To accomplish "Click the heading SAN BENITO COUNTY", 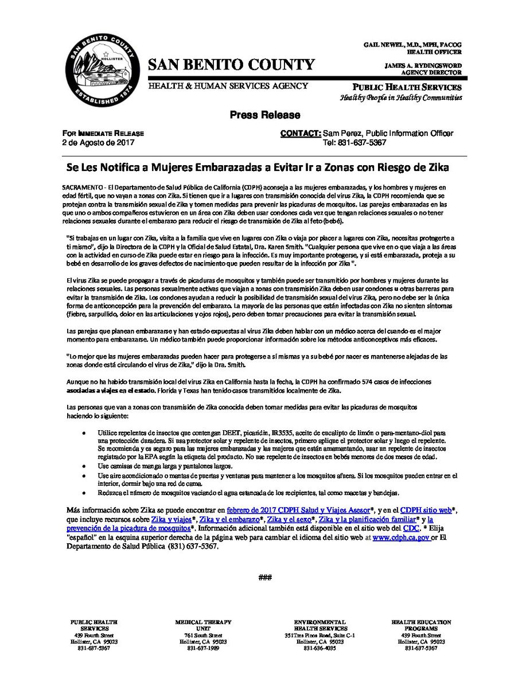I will point(231,64).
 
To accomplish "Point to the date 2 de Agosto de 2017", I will point(98,142).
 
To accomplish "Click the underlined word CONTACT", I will point(300,134).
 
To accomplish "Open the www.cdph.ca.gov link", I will point(401,537).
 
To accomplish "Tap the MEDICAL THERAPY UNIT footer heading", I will point(204,625).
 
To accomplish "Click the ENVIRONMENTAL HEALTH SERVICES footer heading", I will point(319,625).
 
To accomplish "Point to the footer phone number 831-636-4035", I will point(319,648).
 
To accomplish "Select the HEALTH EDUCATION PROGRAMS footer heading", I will point(421,625).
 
